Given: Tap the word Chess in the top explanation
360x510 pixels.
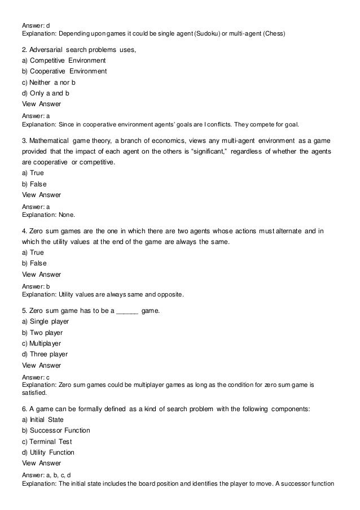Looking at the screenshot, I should tap(274, 33).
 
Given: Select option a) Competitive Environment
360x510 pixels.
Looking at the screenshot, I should tap(63, 60).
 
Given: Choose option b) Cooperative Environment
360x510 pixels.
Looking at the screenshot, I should tap(64, 71).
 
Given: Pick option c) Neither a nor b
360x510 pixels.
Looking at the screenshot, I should tap(48, 82).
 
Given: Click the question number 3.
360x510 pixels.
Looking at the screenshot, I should tap(24, 140).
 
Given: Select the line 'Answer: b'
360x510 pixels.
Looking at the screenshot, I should tap(34, 287).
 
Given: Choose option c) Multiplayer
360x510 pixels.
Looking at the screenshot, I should tap(41, 343).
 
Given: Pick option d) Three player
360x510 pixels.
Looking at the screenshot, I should tap(44, 354).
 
